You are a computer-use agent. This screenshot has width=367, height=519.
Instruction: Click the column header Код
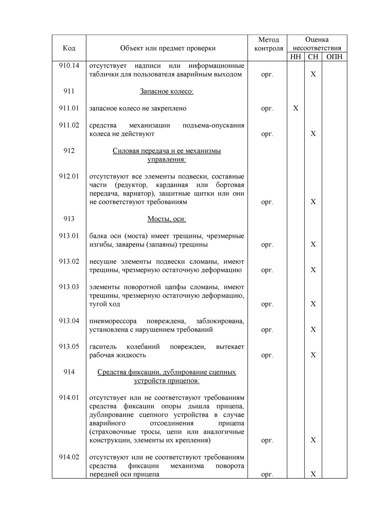[69, 48]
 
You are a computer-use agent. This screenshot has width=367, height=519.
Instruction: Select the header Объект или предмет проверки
[168, 48]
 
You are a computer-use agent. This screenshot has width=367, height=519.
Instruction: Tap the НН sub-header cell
[295, 57]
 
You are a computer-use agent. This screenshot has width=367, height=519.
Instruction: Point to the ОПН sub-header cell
[334, 57]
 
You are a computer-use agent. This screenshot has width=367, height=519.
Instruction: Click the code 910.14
[69, 65]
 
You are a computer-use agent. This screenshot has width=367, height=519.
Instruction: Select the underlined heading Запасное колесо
[166, 91]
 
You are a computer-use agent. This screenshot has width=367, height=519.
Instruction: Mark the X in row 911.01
[295, 108]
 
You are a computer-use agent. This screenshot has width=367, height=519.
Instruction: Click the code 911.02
[69, 125]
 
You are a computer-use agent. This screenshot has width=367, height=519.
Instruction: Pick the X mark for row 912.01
[313, 202]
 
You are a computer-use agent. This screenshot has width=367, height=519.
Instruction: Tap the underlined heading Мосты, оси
[166, 219]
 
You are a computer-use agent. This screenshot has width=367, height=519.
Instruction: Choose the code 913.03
[69, 287]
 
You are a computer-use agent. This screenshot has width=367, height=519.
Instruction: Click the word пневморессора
[113, 321]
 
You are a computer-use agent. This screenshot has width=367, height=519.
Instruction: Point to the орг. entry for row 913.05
[267, 355]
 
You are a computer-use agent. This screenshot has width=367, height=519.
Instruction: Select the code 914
[69, 372]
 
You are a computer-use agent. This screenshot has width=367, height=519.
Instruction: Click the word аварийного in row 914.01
[107, 423]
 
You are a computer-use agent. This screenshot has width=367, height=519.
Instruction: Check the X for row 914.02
[313, 474]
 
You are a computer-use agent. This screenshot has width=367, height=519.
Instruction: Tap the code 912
[69, 151]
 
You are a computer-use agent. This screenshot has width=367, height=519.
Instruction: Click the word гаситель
[103, 346]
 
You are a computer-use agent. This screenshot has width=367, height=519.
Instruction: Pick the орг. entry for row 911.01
[267, 108]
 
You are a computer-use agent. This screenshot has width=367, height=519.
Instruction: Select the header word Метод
[268, 40]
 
